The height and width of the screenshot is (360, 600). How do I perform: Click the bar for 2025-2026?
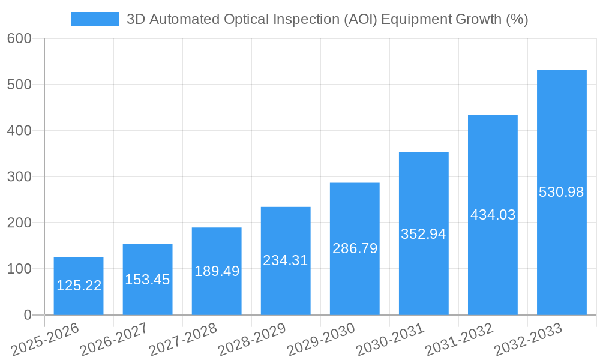(79, 286)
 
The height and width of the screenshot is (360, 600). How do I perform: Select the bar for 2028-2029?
(286, 261)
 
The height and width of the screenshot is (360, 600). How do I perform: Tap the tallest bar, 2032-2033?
(562, 192)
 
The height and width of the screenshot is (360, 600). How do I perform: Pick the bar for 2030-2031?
(424, 234)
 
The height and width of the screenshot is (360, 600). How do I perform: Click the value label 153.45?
(148, 280)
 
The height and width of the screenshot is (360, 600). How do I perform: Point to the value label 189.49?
(217, 271)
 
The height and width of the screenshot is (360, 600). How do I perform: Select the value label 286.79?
(355, 248)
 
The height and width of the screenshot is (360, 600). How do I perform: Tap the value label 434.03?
(493, 215)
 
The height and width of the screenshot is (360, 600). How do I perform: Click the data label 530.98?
(562, 192)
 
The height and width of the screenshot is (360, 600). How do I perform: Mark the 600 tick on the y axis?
(19, 38)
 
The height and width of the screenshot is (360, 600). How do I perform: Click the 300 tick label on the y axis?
(19, 177)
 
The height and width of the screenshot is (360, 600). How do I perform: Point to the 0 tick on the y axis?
(28, 315)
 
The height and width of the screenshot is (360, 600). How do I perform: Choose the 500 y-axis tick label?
(19, 85)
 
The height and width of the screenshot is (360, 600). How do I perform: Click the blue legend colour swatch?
(95, 19)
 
